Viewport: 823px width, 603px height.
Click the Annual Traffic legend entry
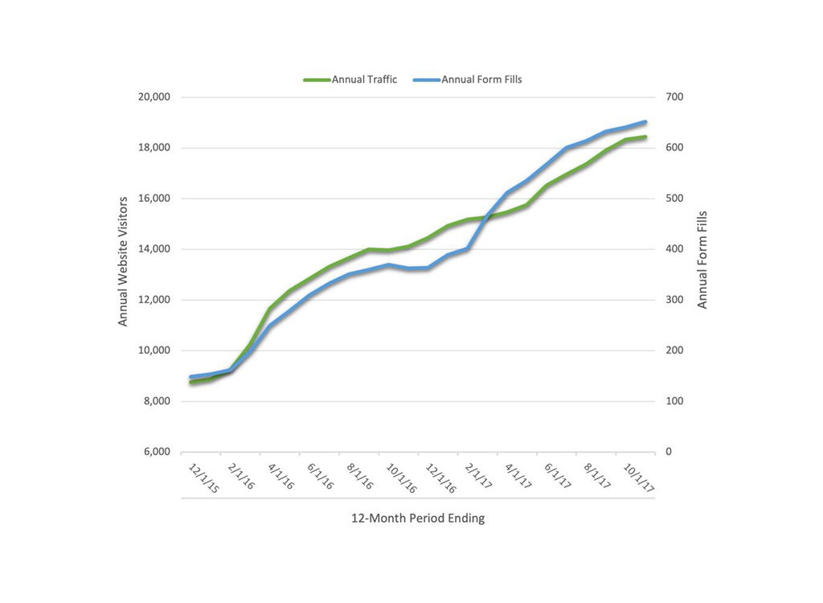tap(350, 80)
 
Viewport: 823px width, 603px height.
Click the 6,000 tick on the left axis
tap(157, 452)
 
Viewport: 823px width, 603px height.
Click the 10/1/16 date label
tap(400, 478)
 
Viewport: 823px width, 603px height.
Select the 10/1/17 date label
tap(637, 478)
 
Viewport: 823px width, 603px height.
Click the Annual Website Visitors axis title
tap(124, 261)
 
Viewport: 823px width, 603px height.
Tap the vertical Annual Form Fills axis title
tap(702, 261)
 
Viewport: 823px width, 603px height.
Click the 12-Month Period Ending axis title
tap(418, 519)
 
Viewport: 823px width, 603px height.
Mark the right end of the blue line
tap(645, 122)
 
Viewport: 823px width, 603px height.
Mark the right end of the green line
tap(645, 137)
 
